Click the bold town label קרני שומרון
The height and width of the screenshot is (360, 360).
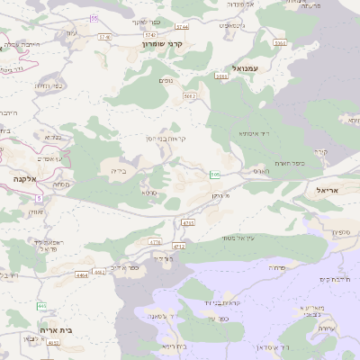(x=162, y=43)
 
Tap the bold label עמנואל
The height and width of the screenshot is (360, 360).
(x=245, y=67)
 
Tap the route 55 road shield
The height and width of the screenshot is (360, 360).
(x=94, y=18)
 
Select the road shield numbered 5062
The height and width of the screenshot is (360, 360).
(x=190, y=94)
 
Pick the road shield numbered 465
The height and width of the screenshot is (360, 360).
(x=41, y=307)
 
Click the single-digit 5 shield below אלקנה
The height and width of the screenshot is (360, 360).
(x=39, y=198)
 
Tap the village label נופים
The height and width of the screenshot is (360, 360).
(x=166, y=82)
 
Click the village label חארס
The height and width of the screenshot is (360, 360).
(x=261, y=170)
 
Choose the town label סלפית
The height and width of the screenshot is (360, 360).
(x=341, y=232)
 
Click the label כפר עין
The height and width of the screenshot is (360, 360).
(x=124, y=267)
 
